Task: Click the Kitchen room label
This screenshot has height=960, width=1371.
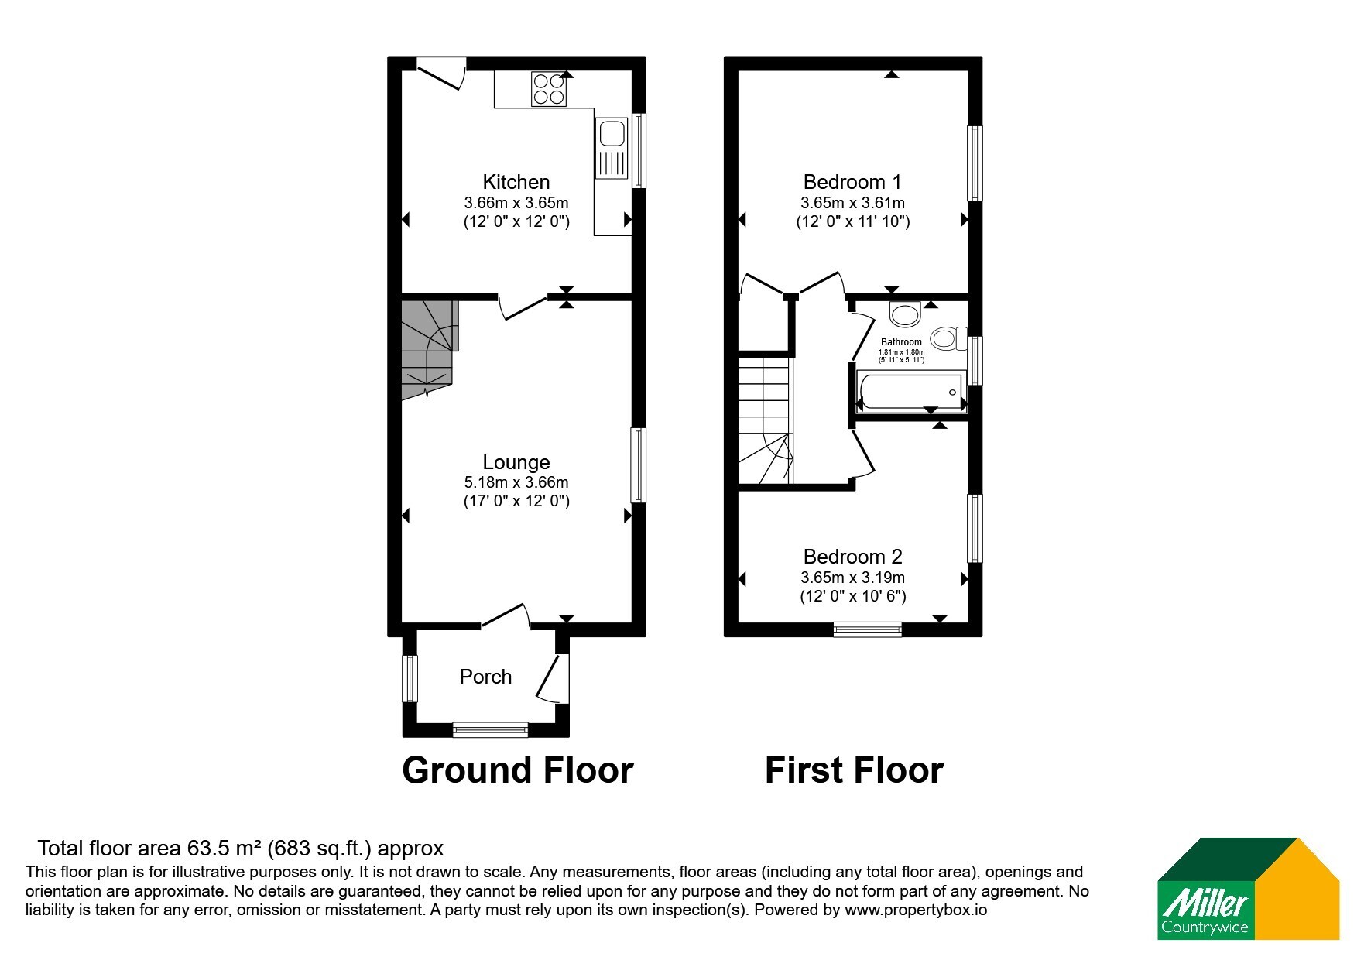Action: click(516, 182)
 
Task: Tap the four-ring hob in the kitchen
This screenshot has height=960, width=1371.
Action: click(549, 88)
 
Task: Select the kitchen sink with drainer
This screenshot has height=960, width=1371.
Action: click(612, 148)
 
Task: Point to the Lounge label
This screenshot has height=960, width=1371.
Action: click(516, 462)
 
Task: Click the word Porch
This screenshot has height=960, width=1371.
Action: click(485, 677)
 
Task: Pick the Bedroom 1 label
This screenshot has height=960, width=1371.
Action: click(852, 182)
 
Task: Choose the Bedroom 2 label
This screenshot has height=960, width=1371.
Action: click(852, 557)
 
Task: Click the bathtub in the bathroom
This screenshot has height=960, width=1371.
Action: click(909, 391)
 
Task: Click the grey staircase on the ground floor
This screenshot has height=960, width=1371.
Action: click(430, 350)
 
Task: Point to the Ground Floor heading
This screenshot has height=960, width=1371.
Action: click(518, 770)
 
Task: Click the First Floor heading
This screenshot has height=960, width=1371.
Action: click(854, 770)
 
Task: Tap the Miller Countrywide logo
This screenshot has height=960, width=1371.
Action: click(1248, 889)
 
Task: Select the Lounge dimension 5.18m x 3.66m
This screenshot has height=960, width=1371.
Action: click(516, 482)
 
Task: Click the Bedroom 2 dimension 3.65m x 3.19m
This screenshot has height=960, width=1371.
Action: click(852, 578)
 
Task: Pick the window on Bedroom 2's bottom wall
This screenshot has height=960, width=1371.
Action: click(868, 629)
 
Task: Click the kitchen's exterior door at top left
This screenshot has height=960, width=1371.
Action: click(440, 72)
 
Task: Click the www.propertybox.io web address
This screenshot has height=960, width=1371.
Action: click(916, 910)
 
